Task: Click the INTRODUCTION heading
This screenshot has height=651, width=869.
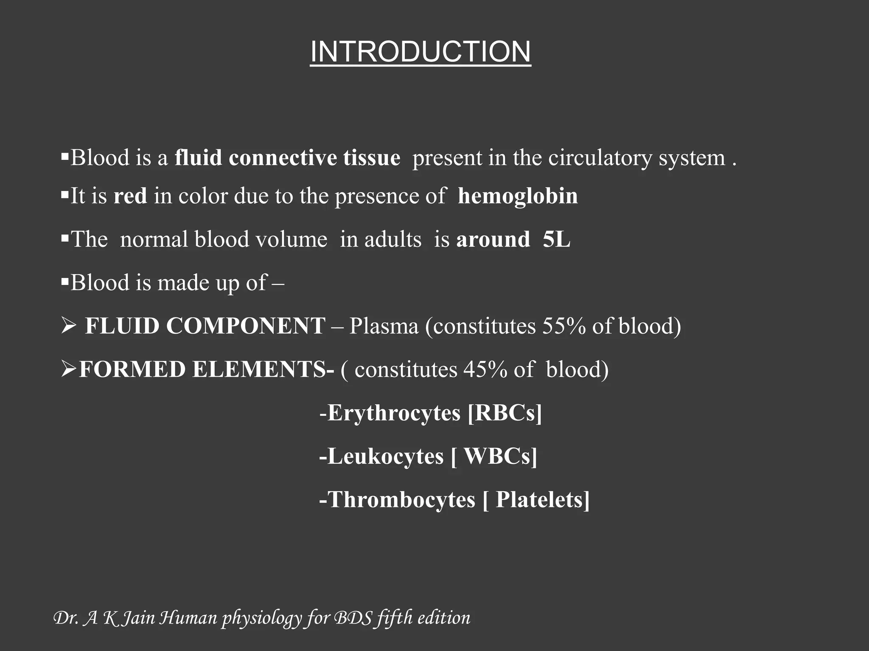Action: pyautogui.click(x=420, y=52)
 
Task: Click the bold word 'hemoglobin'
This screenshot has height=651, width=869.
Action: pyautogui.click(x=518, y=196)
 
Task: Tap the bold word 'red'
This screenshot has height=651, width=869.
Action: pyautogui.click(x=130, y=196)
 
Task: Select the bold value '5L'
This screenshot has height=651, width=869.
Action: pyautogui.click(x=556, y=239)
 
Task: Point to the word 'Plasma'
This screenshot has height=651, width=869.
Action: pyautogui.click(x=384, y=326)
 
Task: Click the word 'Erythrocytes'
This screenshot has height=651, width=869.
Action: pyautogui.click(x=394, y=413)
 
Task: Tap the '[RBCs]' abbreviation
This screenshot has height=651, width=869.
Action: pyautogui.click(x=505, y=413)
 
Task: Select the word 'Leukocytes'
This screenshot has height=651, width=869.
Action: pyautogui.click(x=385, y=456)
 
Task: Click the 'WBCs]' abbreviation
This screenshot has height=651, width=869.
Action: pyautogui.click(x=500, y=456)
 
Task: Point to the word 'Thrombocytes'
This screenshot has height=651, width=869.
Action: pyautogui.click(x=401, y=500)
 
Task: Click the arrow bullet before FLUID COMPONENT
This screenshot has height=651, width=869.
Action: pyautogui.click(x=68, y=326)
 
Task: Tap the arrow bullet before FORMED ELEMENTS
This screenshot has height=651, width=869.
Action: pyautogui.click(x=68, y=370)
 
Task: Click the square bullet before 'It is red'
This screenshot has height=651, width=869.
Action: pyautogui.click(x=64, y=195)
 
